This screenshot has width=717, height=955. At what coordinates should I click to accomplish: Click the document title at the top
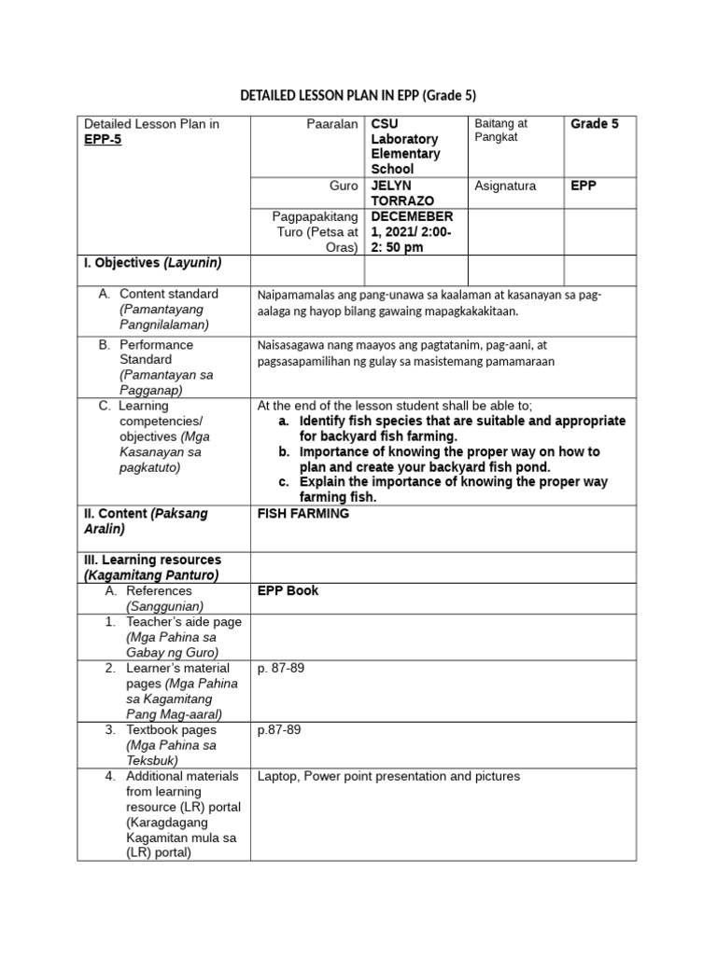pos(358,96)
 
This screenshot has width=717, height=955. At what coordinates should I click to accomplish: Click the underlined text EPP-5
pos(103,140)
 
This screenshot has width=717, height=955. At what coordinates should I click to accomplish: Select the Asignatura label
pos(505,186)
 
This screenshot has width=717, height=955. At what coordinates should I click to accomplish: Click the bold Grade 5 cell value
pos(594,124)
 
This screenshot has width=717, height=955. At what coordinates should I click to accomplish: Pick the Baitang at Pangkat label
pos(501,131)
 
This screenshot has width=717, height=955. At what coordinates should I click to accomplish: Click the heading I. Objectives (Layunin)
pos(152,262)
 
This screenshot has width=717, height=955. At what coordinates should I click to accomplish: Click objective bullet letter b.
pos(283,451)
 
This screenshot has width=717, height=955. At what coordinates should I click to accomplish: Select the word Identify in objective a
pos(324,422)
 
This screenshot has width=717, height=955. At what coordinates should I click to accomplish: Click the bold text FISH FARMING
pos(302,514)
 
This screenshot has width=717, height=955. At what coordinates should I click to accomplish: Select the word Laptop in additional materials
pos(279,776)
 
